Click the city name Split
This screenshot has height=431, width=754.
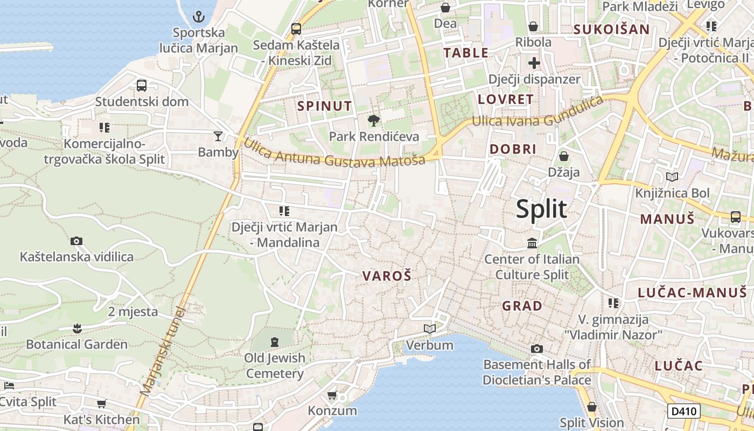(x=541, y=209)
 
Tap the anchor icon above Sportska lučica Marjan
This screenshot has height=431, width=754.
(x=199, y=16)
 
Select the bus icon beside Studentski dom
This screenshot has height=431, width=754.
(x=142, y=85)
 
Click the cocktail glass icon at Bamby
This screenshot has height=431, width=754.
(x=218, y=136)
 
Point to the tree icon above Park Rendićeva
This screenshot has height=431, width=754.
(x=373, y=120)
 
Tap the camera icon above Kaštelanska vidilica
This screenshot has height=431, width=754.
(x=76, y=241)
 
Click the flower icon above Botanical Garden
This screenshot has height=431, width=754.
(x=77, y=328)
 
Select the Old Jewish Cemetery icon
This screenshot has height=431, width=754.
(x=275, y=342)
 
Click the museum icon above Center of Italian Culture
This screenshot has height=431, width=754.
(x=532, y=243)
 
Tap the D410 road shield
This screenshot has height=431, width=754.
(x=684, y=411)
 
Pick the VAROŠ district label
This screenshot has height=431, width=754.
(x=387, y=276)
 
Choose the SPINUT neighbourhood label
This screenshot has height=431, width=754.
(x=324, y=106)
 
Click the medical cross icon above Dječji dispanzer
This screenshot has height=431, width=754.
(x=534, y=64)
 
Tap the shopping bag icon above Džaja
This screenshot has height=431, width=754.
(x=563, y=156)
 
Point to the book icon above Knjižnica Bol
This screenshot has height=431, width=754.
(x=672, y=177)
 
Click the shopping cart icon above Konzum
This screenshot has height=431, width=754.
(x=332, y=395)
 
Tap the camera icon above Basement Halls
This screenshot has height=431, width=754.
(x=536, y=349)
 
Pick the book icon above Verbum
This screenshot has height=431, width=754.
(x=429, y=329)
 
